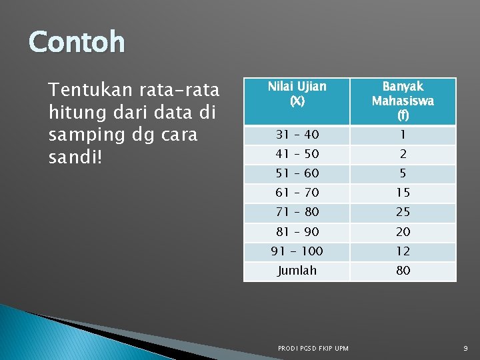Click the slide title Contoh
pos(77,42)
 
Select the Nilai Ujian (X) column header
pos(297,94)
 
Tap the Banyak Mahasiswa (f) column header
pos(403,101)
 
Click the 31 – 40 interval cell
pos(297,135)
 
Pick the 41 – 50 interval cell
pos(297,154)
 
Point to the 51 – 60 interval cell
pos(297,173)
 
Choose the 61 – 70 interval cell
pos(297,193)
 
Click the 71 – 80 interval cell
pos(297,212)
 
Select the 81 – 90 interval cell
pos(297,232)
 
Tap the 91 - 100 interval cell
pos(297,251)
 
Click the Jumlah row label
pos(297,271)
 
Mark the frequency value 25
pos(403,212)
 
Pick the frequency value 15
pos(403,193)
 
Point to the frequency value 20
pos(403,232)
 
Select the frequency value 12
pos(403,251)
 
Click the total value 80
pos(403,271)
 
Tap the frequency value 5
pos(403,173)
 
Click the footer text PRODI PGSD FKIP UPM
pos(313,348)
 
